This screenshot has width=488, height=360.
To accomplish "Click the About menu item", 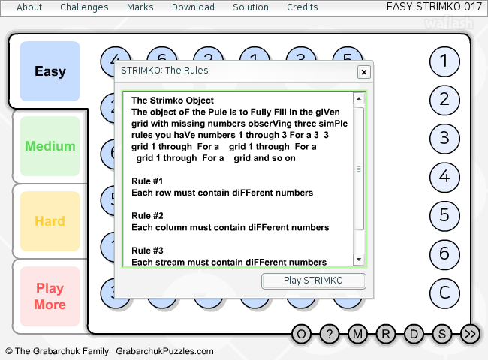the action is [x=29, y=7].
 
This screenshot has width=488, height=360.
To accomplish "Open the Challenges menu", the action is [x=84, y=7].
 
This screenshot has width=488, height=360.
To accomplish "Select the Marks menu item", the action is [x=140, y=7].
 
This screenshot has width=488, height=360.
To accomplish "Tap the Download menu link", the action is [x=193, y=7].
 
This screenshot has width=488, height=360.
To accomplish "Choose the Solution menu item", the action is [x=251, y=7].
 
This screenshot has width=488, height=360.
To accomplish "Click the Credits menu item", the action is [x=303, y=7].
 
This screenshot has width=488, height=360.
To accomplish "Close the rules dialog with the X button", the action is [x=364, y=72].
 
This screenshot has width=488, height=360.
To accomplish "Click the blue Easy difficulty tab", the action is [x=50, y=71].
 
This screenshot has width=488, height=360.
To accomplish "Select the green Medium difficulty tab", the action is [x=50, y=146].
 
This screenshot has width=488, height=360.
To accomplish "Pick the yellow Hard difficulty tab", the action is [x=50, y=221].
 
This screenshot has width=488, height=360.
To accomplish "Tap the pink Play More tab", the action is [x=50, y=296].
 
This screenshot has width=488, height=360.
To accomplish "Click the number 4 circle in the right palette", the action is [x=444, y=177].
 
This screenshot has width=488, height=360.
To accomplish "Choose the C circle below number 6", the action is [x=444, y=293].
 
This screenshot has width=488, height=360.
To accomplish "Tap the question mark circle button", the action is [x=330, y=334].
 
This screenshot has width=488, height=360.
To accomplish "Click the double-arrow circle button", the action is [x=470, y=334].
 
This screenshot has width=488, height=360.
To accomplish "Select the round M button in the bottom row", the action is [x=357, y=334].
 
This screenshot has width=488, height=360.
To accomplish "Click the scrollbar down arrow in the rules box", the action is [x=359, y=259].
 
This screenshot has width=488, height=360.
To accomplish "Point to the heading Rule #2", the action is [x=147, y=216].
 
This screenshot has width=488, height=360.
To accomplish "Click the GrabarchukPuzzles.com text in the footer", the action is [x=164, y=351].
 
